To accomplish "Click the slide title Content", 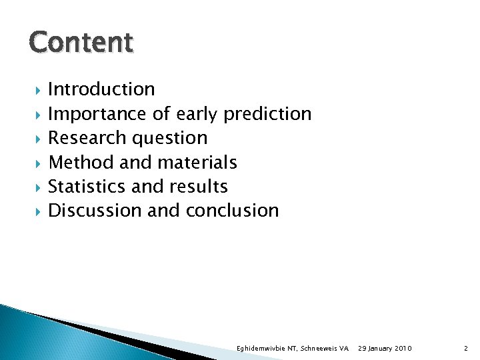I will point(81,42).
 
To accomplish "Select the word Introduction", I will point(101,89).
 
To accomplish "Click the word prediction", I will point(267,114).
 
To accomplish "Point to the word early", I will point(197,114).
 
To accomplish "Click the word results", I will point(198,187).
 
